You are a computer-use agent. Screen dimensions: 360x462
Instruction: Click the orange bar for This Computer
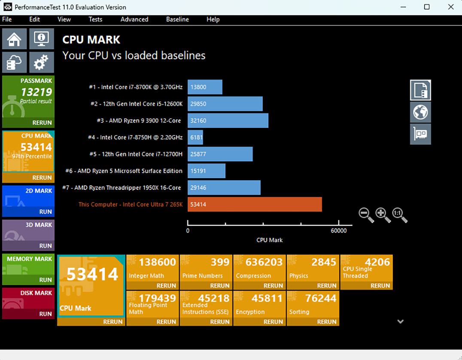point(255,204)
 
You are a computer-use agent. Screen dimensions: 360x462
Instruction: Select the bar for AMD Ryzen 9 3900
point(228,121)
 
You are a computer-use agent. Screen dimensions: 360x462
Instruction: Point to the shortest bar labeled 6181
point(195,137)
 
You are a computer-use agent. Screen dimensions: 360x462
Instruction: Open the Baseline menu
point(177,19)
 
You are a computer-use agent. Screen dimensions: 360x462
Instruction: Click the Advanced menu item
point(134,19)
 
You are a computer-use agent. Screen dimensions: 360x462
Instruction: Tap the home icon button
point(15,39)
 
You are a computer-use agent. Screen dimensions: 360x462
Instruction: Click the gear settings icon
point(41,63)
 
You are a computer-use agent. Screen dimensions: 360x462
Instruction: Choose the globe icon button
point(420,112)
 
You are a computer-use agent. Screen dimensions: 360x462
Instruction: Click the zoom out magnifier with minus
point(366,214)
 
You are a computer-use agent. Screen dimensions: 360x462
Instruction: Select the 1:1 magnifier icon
point(399,214)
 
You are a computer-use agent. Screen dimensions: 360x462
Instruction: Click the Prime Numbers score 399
point(220,262)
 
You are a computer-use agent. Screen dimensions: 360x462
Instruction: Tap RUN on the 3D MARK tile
point(46,246)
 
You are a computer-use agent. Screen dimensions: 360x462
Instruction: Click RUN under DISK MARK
point(46,314)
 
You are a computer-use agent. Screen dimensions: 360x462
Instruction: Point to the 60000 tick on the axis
point(338,230)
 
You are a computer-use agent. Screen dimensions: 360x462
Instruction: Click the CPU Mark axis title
point(269,240)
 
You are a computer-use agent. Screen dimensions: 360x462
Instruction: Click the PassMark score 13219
point(36,92)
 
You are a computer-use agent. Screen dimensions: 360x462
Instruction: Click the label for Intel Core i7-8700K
point(136,87)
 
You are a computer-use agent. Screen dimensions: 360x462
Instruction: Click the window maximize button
point(427,7)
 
